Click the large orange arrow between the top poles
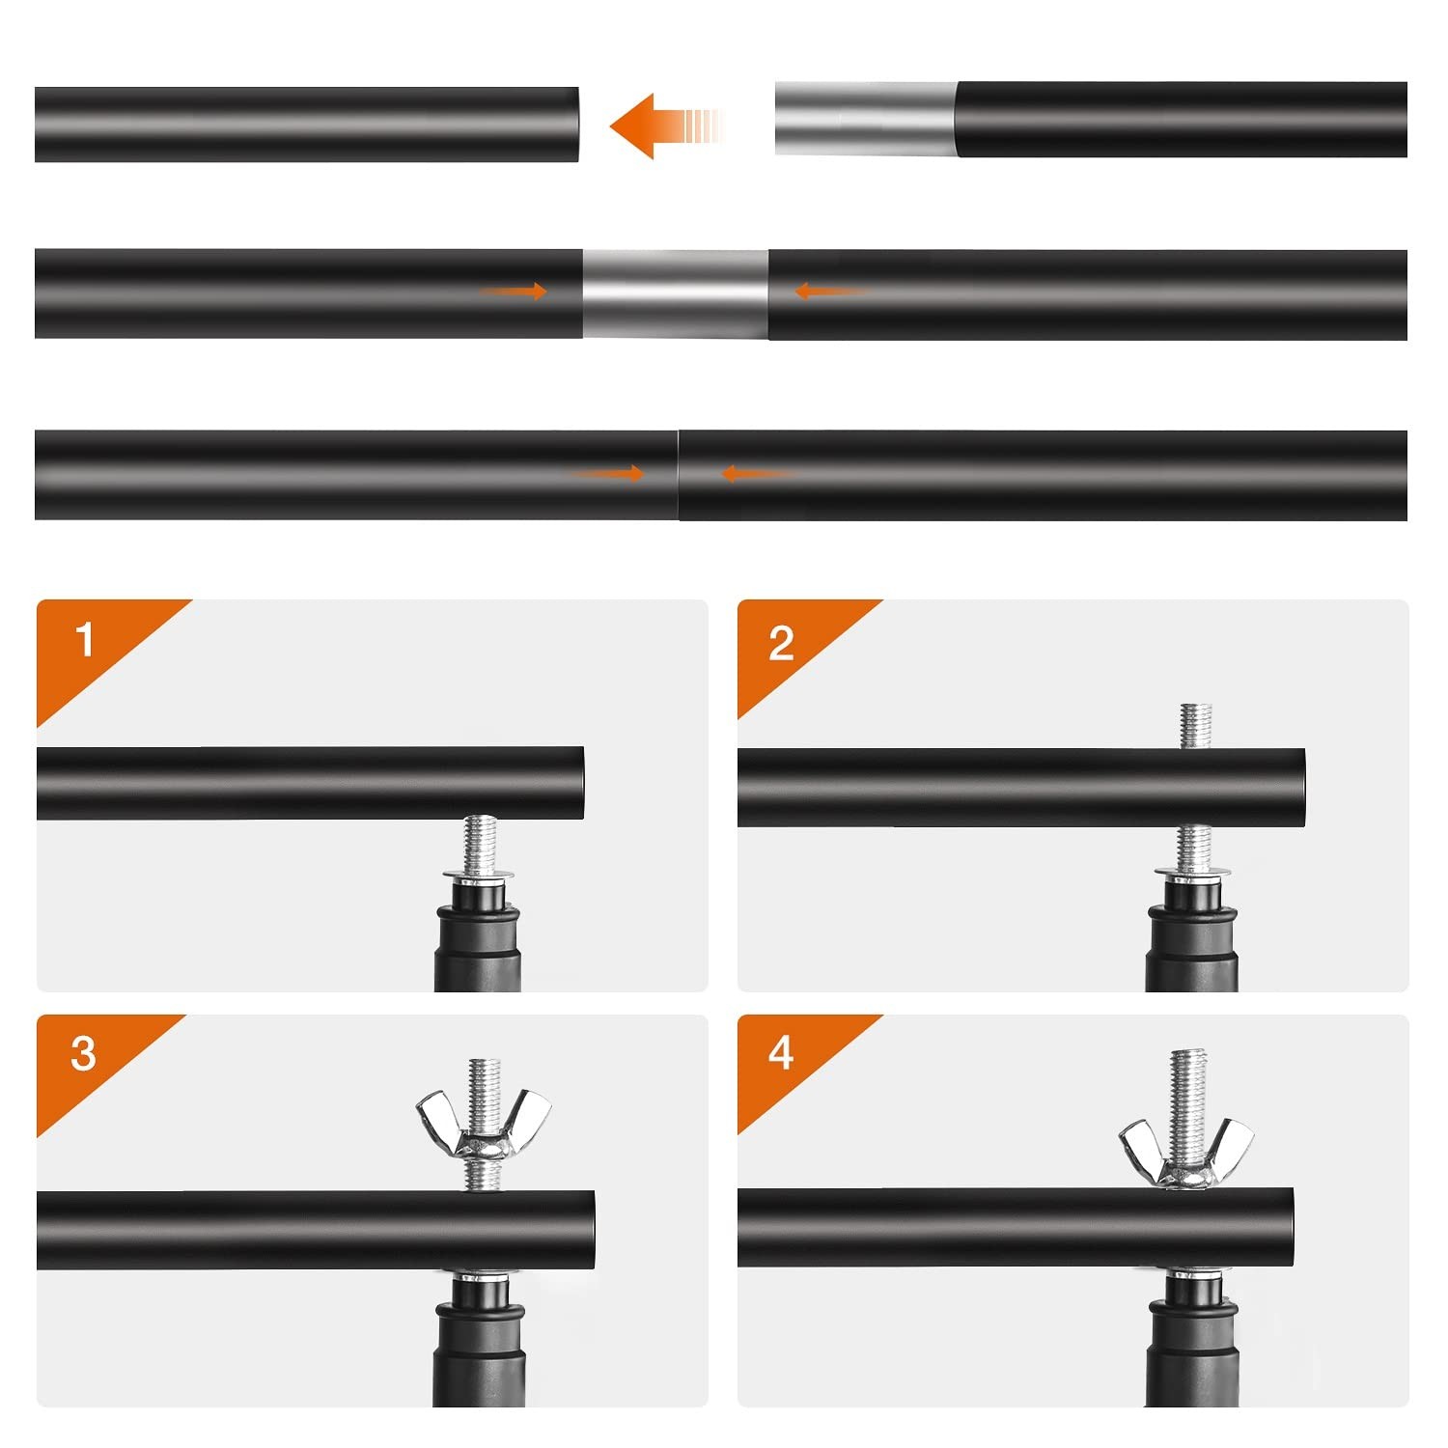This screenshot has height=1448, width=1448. pos(666,125)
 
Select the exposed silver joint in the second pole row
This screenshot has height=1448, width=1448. pos(676,293)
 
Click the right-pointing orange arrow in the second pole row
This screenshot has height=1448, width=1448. pos(514,292)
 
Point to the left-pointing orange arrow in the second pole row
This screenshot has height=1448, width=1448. pos(830,291)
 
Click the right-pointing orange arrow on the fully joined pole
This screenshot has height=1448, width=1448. pos(606,473)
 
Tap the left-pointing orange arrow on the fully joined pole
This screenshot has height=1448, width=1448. pos(758,473)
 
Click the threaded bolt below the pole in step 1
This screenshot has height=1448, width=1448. pos(480,844)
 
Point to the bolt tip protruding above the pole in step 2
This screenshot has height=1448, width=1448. pos(1196,727)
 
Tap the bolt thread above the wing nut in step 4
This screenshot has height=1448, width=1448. pos(1187,1086)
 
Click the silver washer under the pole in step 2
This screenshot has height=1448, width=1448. pos(1194,874)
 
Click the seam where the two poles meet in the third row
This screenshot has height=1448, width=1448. pos(679,475)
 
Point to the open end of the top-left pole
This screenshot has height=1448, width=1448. pos(575,125)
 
